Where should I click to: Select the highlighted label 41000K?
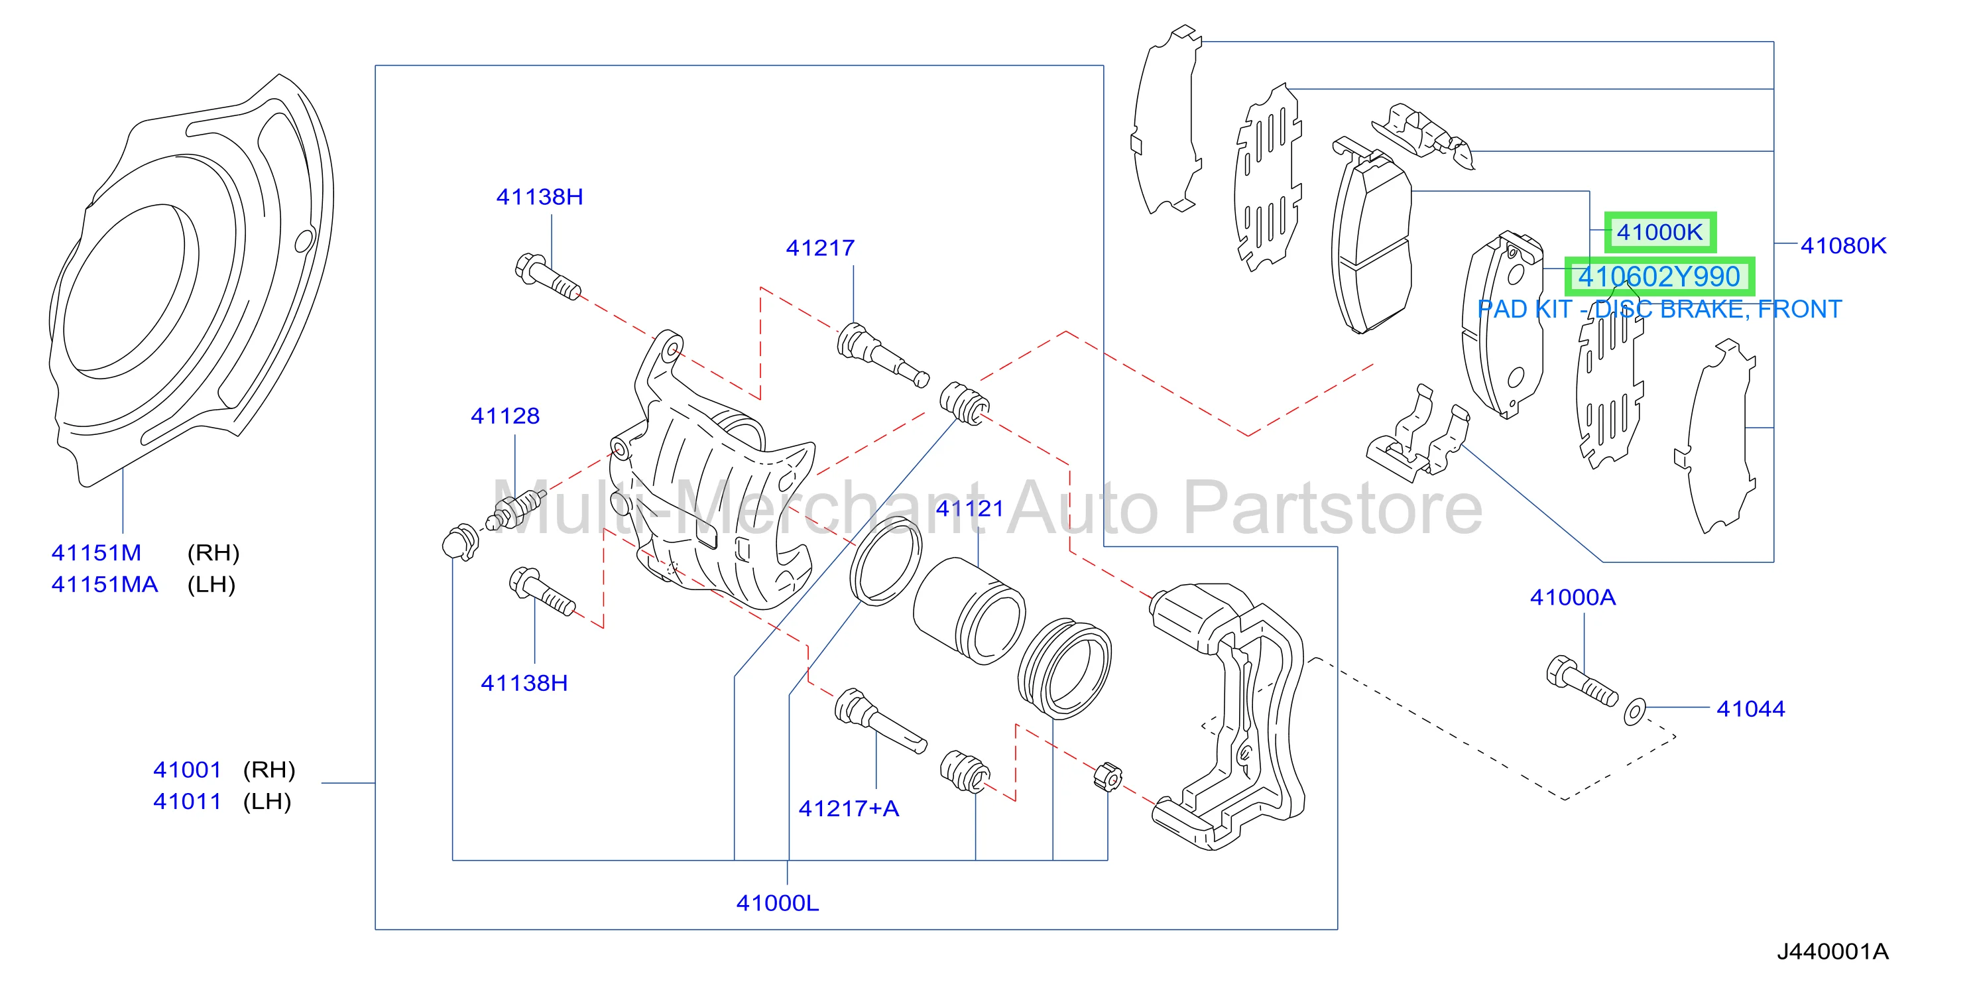1659,232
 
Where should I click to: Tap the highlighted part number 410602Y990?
1659,277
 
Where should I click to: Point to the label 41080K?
1842,245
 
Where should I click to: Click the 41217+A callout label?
849,808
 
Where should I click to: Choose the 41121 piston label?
970,509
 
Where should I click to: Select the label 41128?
505,416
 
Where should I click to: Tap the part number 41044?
1750,709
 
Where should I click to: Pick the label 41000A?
1573,597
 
